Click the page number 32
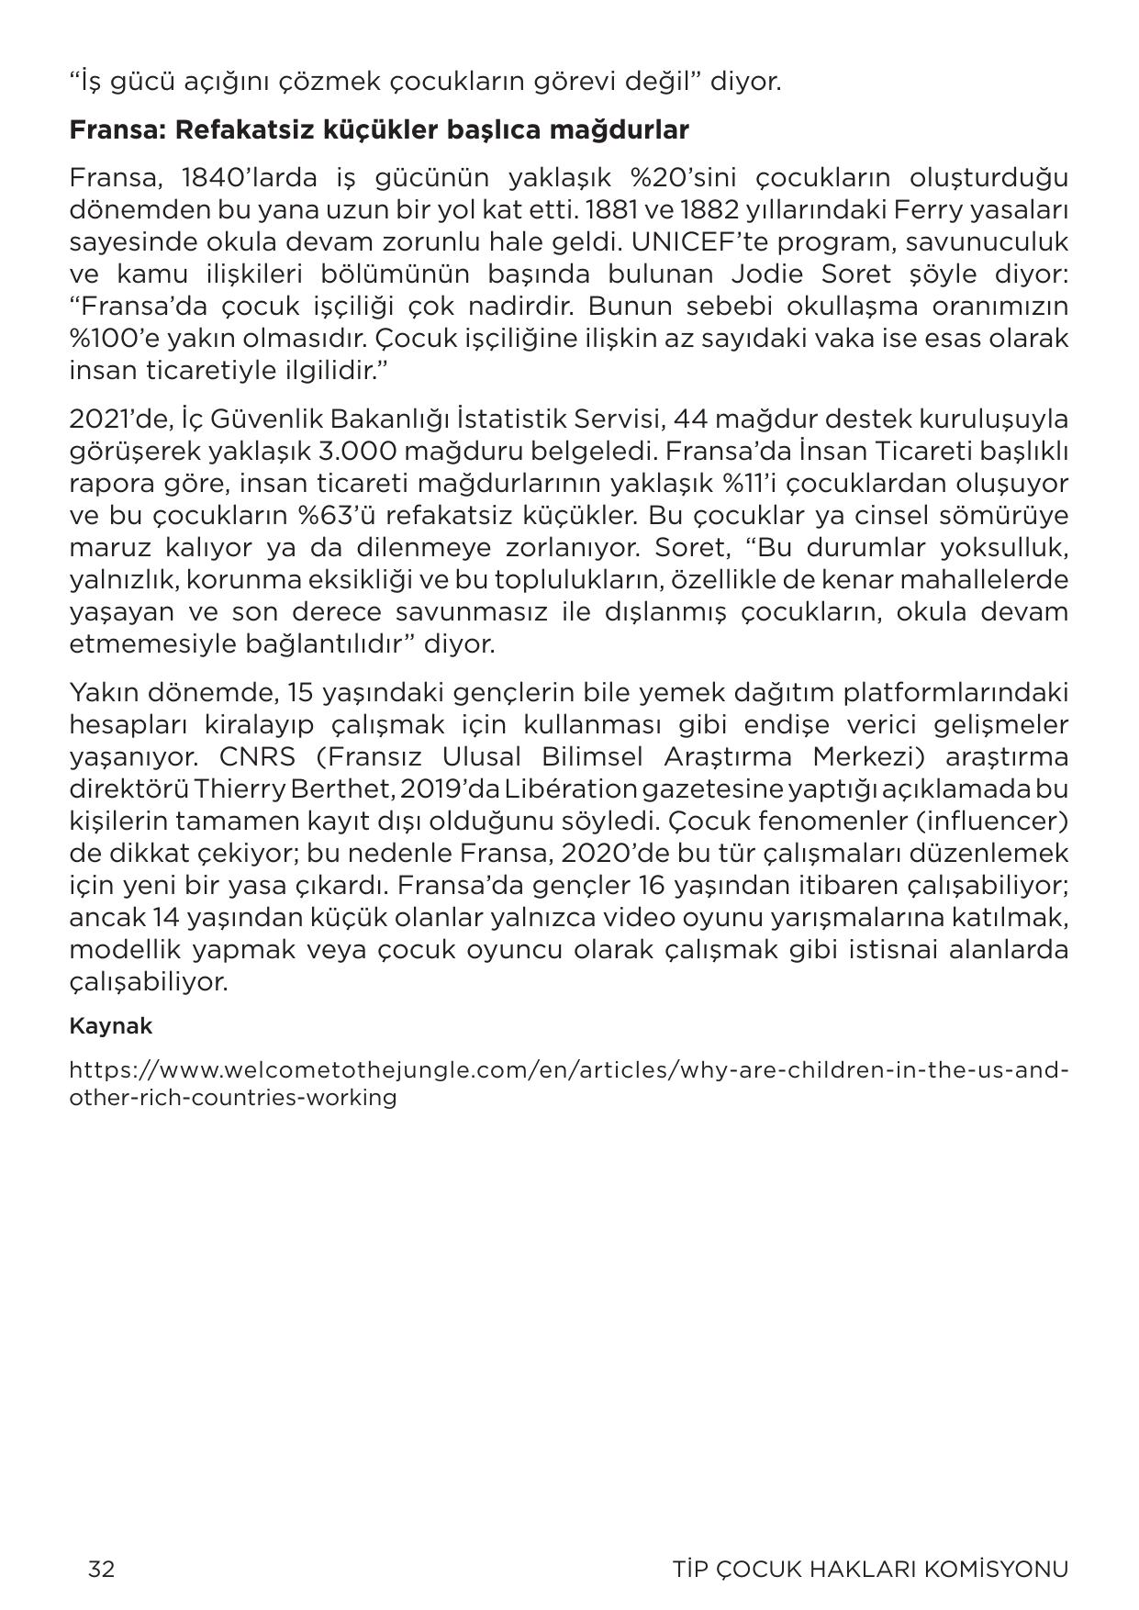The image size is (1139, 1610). [x=101, y=1569]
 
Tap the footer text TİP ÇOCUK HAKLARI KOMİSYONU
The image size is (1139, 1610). [x=870, y=1569]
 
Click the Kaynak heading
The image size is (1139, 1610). [x=110, y=1026]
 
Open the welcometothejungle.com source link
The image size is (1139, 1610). [x=569, y=1083]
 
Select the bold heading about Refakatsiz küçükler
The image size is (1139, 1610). [x=379, y=129]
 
